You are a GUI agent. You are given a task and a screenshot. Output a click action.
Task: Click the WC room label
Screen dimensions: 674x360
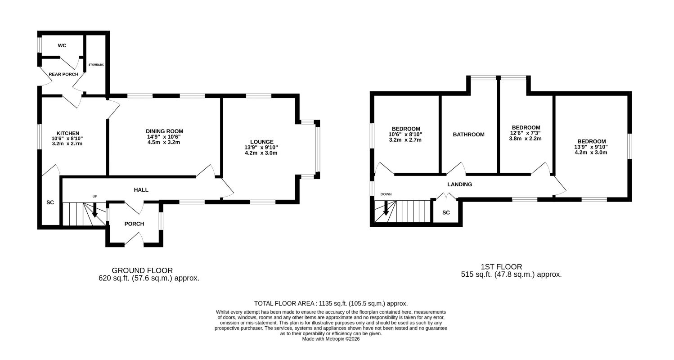[x=62, y=46]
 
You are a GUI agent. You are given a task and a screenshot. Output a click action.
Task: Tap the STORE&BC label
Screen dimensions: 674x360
[x=96, y=65]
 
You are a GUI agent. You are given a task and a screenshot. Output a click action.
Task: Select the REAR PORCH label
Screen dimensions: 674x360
[x=63, y=74]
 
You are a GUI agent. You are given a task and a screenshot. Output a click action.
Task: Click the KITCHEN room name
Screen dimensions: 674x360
[x=68, y=133]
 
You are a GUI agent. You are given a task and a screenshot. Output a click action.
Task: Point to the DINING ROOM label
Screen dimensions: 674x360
[x=165, y=131]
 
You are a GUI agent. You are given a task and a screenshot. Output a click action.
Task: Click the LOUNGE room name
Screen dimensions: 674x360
[x=262, y=142]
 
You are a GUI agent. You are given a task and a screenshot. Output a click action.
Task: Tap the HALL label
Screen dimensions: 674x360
[x=141, y=190]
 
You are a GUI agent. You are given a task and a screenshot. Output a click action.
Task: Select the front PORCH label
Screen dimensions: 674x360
[x=134, y=224]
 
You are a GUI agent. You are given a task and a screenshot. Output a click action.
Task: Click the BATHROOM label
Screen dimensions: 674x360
[x=468, y=135]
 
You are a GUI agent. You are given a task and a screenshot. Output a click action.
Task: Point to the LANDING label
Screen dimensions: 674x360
[x=460, y=184]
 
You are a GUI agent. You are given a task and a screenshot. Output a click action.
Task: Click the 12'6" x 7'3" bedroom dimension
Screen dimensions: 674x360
[x=526, y=133]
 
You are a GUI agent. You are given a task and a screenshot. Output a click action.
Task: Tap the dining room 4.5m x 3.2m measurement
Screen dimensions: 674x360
[x=164, y=142]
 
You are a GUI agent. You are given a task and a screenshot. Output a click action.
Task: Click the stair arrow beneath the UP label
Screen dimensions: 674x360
[x=95, y=210]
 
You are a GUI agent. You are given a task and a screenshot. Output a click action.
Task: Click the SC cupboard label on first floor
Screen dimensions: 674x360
[x=446, y=212]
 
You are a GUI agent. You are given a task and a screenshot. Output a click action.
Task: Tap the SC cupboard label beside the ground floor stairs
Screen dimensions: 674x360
[x=50, y=202]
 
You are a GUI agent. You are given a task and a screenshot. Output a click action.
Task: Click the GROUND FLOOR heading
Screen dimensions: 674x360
[x=142, y=270]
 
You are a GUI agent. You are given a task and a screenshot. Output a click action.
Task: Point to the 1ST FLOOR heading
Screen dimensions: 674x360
[x=501, y=267]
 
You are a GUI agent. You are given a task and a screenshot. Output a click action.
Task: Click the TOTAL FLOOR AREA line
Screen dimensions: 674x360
[x=331, y=303]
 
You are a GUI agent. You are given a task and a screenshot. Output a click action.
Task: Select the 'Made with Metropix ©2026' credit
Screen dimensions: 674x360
[x=331, y=339]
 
